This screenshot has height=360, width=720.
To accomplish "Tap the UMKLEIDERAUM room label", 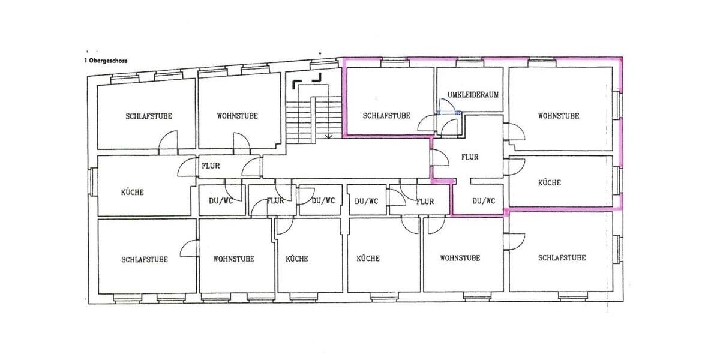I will tap(473, 95).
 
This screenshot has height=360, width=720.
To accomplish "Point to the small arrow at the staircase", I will tap(328, 136).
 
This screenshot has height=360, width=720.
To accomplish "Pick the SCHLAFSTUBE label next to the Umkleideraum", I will tap(386, 116).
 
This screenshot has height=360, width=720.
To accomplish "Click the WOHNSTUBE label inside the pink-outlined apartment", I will tap(559, 116).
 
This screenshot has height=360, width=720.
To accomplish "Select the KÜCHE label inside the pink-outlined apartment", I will tap(550, 182).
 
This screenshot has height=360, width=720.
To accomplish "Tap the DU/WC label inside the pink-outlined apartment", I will tap(483, 201).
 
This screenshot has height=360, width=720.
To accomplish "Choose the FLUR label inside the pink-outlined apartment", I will tap(470, 157).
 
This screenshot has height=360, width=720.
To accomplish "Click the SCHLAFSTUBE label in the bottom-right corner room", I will tap(562, 258).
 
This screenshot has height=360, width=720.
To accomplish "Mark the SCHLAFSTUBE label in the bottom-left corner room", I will tap(144, 260).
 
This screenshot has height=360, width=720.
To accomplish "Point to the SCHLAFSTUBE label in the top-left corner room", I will tap(148, 116).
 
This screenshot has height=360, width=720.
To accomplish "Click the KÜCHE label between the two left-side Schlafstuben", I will tap(132, 192).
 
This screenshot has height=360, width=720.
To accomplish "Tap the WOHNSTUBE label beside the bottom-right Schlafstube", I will tap(460, 259).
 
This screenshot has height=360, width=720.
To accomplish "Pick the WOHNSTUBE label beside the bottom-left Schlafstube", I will tap(233, 259).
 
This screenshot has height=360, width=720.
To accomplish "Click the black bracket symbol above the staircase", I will tap(307, 78).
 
